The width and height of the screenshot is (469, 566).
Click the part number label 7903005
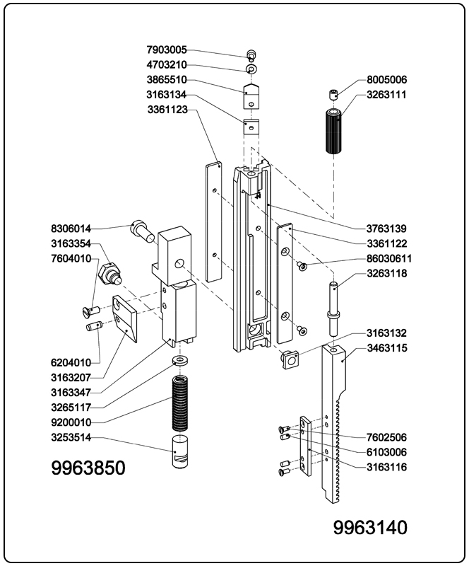point(167,50)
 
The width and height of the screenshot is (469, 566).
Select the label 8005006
point(386,80)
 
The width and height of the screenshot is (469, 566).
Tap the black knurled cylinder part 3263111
point(333,131)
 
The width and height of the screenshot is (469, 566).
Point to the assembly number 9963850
point(88,468)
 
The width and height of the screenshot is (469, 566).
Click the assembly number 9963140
point(370,528)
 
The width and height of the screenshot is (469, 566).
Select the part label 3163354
point(71,243)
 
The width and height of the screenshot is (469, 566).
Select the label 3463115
point(386,347)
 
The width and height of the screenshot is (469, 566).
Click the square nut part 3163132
point(290,360)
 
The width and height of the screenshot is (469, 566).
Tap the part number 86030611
point(388,258)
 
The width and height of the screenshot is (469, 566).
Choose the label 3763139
point(386,229)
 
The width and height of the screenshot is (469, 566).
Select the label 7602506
point(386,437)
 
